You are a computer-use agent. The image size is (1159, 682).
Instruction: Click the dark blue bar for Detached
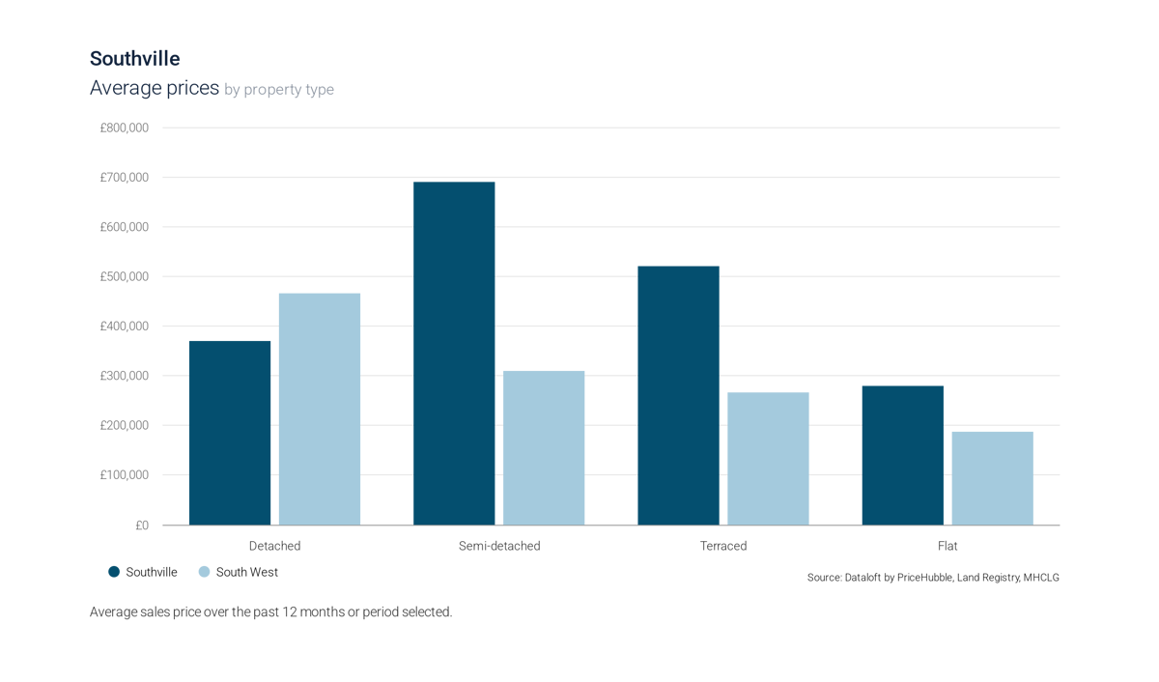tap(230, 432)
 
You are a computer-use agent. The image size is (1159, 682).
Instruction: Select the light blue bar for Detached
tap(320, 408)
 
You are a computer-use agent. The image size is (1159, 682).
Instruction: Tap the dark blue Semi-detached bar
tap(454, 353)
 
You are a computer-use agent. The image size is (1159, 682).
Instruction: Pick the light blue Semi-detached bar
tap(544, 446)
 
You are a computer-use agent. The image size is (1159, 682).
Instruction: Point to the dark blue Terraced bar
tap(678, 394)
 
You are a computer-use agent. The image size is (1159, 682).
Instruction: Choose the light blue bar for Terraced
tap(768, 458)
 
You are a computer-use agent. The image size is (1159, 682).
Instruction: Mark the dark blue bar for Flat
tap(902, 454)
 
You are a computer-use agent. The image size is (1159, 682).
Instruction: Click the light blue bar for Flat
tap(992, 477)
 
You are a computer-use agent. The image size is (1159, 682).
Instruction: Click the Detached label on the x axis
tap(274, 545)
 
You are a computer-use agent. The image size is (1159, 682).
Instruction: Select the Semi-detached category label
tap(498, 545)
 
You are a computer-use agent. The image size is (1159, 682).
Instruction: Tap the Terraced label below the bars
tap(722, 545)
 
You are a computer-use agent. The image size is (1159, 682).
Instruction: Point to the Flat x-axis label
tap(947, 545)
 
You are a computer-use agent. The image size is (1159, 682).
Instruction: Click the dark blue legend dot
tap(115, 572)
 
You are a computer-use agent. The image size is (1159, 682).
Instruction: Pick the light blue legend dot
tap(204, 572)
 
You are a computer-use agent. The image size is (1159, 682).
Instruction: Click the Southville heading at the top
tap(134, 60)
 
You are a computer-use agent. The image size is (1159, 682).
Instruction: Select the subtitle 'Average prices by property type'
tap(211, 89)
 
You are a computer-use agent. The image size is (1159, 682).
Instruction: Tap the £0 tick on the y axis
tap(141, 526)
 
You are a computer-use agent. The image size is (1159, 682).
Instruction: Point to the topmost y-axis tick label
tap(125, 128)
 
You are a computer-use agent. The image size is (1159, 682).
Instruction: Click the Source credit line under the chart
tap(933, 577)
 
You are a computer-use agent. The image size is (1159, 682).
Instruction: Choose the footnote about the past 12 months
tap(270, 612)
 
